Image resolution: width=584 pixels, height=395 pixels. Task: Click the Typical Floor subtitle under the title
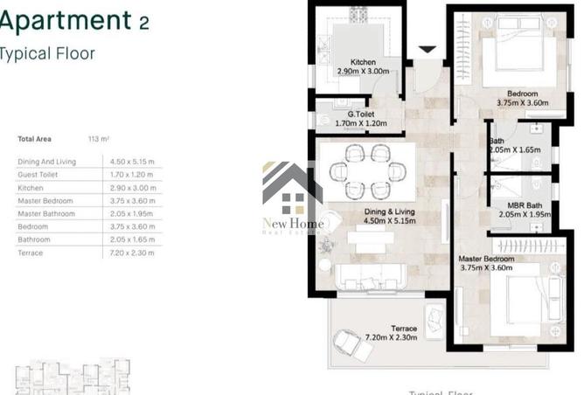pos(47,53)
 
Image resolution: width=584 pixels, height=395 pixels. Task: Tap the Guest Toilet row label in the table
pos(38,174)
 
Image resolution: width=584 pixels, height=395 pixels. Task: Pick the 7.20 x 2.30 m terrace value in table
pos(132,253)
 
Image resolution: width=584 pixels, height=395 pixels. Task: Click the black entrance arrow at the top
pos(428,50)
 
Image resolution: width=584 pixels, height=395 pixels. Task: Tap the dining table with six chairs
pos(366,171)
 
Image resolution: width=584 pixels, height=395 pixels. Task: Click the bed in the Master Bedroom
pos(521,307)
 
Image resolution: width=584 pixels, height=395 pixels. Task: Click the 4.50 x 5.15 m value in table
pos(132,161)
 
